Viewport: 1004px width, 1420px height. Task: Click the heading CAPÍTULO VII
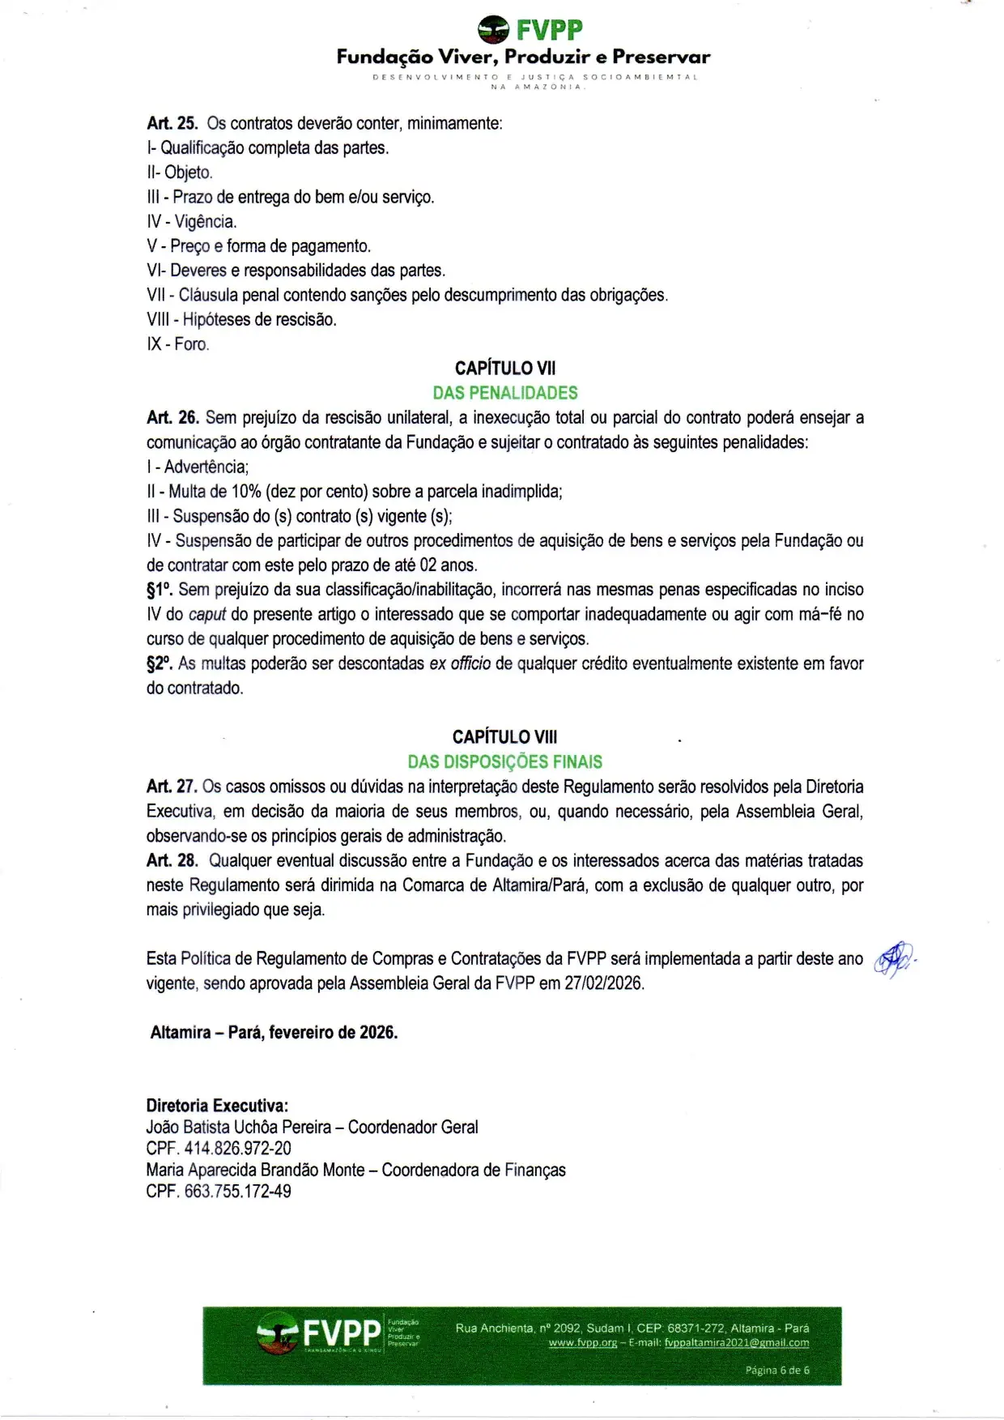coord(505,369)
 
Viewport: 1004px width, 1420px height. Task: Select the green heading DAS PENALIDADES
coord(505,393)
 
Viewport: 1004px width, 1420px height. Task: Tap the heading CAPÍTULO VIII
coord(505,737)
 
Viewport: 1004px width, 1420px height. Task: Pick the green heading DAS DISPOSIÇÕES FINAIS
coord(505,761)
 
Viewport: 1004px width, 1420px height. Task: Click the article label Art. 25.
coord(172,123)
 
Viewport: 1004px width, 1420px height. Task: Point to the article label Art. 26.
coord(172,418)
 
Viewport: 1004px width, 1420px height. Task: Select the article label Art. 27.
coord(172,787)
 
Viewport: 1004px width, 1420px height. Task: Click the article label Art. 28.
coord(172,860)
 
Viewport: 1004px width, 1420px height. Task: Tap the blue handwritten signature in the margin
coord(893,959)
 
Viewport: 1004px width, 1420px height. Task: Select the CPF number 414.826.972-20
coord(237,1149)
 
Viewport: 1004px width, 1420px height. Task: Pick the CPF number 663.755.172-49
coord(237,1192)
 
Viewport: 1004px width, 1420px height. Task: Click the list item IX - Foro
coord(178,344)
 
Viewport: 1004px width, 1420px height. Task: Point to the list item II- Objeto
coord(180,173)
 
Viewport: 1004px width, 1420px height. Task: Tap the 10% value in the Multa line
coord(246,492)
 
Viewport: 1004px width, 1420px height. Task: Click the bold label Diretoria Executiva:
coord(217,1106)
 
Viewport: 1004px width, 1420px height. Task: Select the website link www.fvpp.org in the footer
coord(582,1342)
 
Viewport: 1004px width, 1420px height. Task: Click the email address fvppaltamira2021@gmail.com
coord(736,1342)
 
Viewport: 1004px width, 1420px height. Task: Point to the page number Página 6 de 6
coord(777,1371)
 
